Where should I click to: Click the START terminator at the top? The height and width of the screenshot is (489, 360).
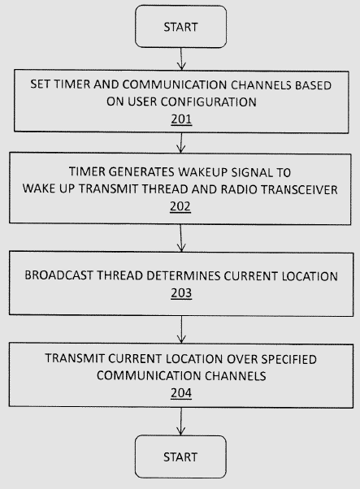(180, 27)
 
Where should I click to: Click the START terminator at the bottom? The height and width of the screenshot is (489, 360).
(180, 457)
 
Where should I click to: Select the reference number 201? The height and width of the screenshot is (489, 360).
(181, 119)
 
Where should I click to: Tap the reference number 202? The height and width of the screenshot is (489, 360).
(180, 206)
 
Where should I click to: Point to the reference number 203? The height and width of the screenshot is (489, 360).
(181, 293)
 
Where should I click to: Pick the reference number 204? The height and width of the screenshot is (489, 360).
(181, 393)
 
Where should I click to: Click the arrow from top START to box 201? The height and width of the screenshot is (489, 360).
(181, 58)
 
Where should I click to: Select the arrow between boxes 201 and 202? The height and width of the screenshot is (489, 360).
(181, 143)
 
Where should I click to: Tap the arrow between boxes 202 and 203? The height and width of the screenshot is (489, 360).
(181, 238)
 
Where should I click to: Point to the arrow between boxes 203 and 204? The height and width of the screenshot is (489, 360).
(181, 330)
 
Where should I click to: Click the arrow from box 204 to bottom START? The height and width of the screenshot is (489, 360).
(181, 422)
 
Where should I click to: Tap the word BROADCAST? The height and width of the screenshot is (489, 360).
(59, 275)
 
